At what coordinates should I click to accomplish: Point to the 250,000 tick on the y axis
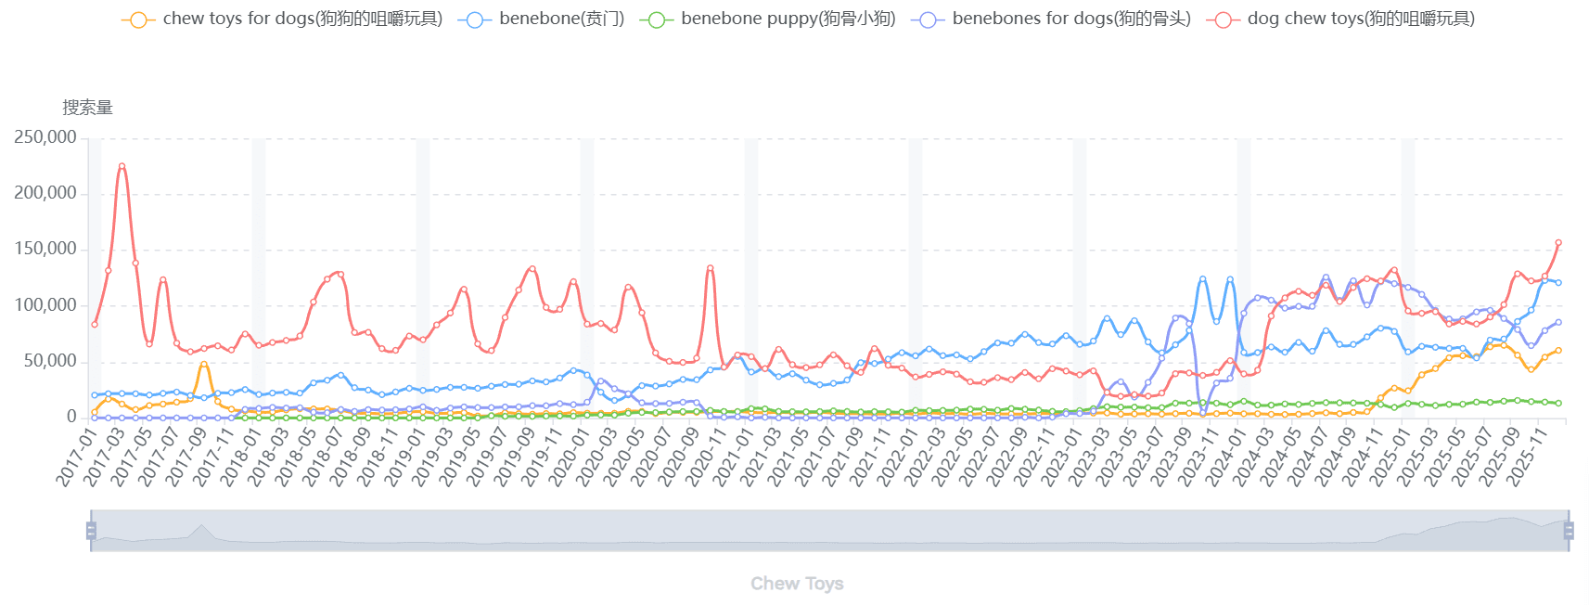tap(45, 137)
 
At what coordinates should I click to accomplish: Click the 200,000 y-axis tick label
tap(45, 193)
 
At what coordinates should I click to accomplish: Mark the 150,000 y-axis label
tap(45, 249)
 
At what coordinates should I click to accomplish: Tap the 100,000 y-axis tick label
tap(45, 305)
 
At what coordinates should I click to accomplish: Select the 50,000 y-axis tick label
tap(50, 361)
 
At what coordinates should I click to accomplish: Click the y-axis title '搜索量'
tap(87, 108)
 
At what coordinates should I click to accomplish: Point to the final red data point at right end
tap(1558, 243)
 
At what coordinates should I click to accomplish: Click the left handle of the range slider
tap(91, 531)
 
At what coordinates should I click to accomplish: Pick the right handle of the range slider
tap(1569, 531)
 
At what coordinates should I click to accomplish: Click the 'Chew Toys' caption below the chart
tap(797, 584)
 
